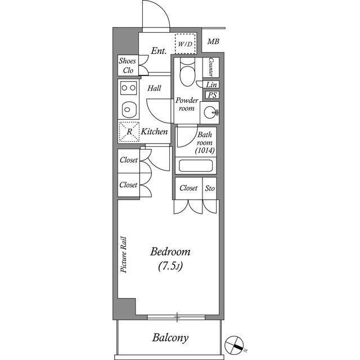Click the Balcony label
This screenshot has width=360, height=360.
click(x=170, y=338)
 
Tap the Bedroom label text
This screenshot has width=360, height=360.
click(x=170, y=251)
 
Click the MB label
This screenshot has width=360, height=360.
click(x=213, y=42)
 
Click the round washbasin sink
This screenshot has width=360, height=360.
click(x=211, y=112)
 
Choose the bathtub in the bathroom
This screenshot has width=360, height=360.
click(x=195, y=166)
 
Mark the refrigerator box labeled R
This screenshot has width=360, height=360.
click(x=129, y=132)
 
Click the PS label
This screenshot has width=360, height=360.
click(x=212, y=95)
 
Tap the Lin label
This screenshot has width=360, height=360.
click(x=211, y=84)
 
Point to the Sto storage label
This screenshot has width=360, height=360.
click(x=210, y=188)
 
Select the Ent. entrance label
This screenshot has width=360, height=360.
click(x=159, y=51)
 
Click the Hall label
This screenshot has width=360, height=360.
click(x=155, y=88)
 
